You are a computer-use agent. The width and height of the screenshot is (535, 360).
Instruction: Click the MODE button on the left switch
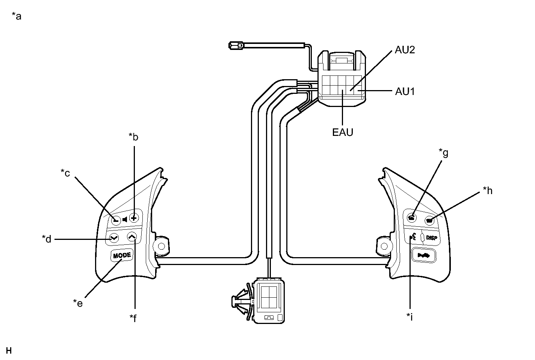tap(122, 256)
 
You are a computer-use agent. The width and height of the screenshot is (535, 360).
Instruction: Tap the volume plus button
tap(134, 218)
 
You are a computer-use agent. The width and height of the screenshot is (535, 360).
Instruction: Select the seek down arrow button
tap(114, 238)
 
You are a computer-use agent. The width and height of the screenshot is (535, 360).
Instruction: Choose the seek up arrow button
tap(132, 236)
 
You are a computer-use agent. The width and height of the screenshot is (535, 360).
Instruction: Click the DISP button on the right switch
tap(432, 238)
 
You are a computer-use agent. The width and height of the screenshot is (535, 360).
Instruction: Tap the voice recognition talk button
tap(413, 237)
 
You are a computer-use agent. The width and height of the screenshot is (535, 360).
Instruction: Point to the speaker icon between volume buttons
tap(125, 219)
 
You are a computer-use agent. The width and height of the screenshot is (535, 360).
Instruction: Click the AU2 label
tap(405, 50)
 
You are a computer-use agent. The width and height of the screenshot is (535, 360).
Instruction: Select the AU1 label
tap(405, 91)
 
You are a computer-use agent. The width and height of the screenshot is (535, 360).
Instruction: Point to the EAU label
tap(343, 132)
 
